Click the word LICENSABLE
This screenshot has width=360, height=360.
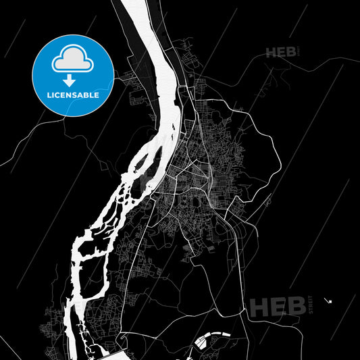click(x=74, y=95)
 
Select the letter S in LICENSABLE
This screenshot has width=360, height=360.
click(x=76, y=95)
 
